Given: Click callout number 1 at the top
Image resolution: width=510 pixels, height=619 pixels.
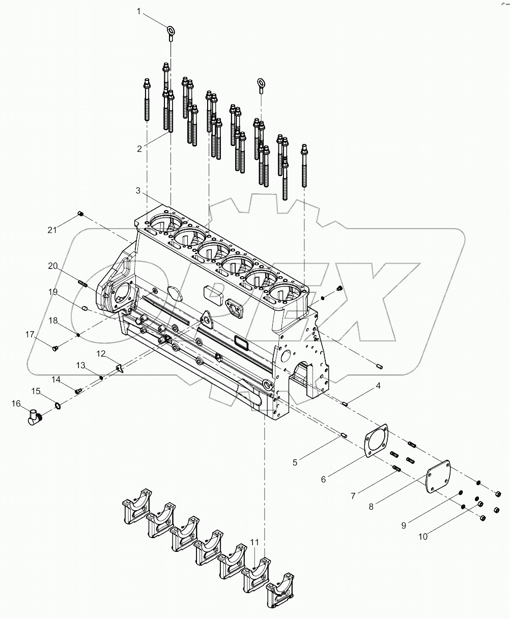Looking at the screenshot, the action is tap(138, 11).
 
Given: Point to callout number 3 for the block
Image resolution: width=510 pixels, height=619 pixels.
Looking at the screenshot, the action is tap(137, 190).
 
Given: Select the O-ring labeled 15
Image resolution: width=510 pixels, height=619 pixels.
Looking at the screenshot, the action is tap(59, 405).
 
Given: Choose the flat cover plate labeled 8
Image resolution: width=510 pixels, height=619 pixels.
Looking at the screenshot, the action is tap(439, 476).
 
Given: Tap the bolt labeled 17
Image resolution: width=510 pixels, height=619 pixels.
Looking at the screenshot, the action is tap(55, 348).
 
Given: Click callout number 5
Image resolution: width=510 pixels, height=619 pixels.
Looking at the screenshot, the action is tap(295, 462).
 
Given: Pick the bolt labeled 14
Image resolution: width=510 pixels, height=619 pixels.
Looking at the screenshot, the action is tap(78, 391).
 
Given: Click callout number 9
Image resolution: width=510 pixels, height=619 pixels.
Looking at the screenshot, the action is tap(404, 525).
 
